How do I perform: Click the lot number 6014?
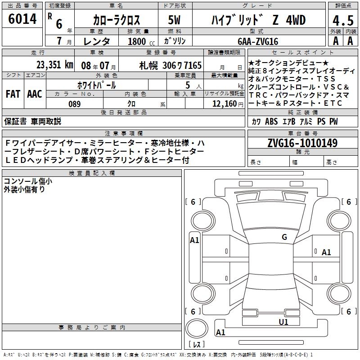tap(23, 19)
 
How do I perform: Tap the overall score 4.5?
tap(342, 21)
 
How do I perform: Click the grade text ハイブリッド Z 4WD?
tap(258, 20)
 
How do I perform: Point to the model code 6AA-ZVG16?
tap(258, 41)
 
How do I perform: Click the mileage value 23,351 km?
tap(54, 65)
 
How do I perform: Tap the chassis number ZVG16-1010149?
tap(302, 143)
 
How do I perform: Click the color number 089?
tap(74, 104)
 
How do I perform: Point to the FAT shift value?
tap(13, 94)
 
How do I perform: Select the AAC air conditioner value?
tap(34, 94)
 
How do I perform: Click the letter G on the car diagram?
tap(284, 237)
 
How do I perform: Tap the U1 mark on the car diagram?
tap(283, 322)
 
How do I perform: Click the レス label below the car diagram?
tap(196, 345)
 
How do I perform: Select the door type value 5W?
tap(175, 20)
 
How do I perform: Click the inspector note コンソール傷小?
tap(28, 181)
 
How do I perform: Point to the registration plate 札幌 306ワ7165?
tap(171, 65)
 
